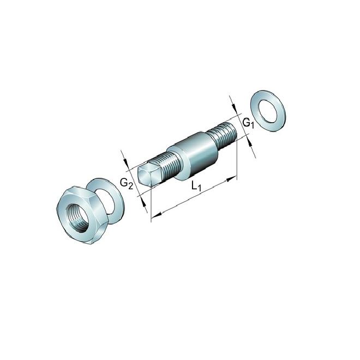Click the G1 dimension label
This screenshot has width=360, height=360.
(x=248, y=123)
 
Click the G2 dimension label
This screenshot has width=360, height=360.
(x=127, y=184)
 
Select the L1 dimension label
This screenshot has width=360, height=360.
(x=196, y=187)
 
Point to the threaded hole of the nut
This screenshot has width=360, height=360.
(x=77, y=218)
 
